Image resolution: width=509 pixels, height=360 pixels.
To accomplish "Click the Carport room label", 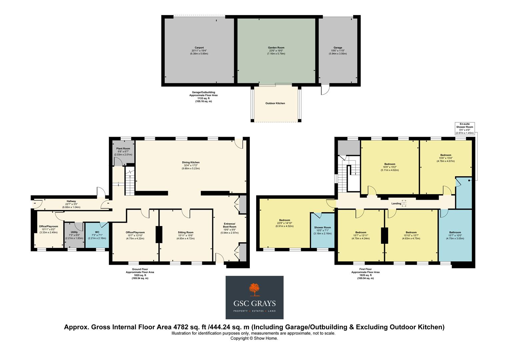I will point(199,48).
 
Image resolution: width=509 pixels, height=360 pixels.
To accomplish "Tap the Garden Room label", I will point(276,48).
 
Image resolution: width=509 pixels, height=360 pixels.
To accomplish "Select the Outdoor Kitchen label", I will point(275,103).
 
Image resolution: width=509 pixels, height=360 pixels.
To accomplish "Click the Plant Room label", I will point(123,149).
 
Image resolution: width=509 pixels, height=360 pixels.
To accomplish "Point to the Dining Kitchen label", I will point(191,163).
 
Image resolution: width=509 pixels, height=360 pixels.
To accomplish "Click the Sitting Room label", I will point(186,232).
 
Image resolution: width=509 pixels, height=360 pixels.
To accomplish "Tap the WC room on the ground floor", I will point(97,232).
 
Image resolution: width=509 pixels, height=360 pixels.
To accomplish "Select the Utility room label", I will point(74,232).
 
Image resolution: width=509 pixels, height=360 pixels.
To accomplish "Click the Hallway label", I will point(71,201).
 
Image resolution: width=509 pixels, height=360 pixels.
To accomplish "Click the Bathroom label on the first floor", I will point(455,232).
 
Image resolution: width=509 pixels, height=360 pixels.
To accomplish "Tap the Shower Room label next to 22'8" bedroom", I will point(322,228).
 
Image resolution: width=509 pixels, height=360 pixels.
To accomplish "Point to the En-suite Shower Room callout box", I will point(465,128).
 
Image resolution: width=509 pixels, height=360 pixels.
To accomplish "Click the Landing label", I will point(396,203).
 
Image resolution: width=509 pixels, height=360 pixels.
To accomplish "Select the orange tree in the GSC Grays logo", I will point(254,290).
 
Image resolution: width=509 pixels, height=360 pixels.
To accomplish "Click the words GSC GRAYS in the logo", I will point(254,303).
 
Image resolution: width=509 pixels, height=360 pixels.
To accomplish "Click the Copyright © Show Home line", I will point(254,338).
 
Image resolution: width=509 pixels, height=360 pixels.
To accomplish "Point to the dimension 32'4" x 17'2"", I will point(191,166).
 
